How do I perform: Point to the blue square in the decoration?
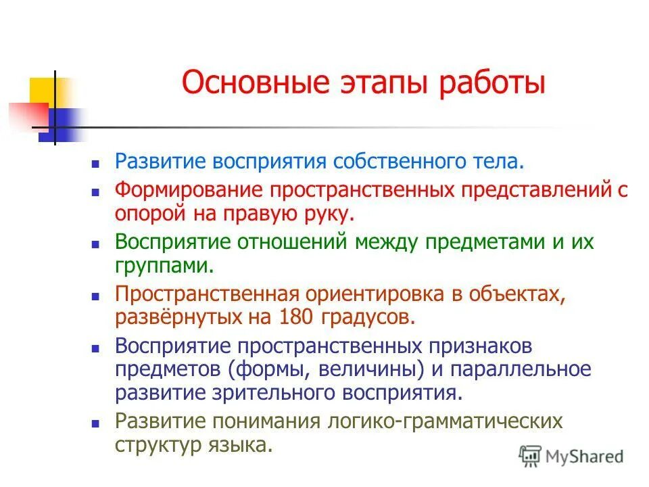57,126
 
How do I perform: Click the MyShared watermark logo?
571,455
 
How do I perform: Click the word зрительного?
282,393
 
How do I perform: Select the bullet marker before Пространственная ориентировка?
95,296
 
